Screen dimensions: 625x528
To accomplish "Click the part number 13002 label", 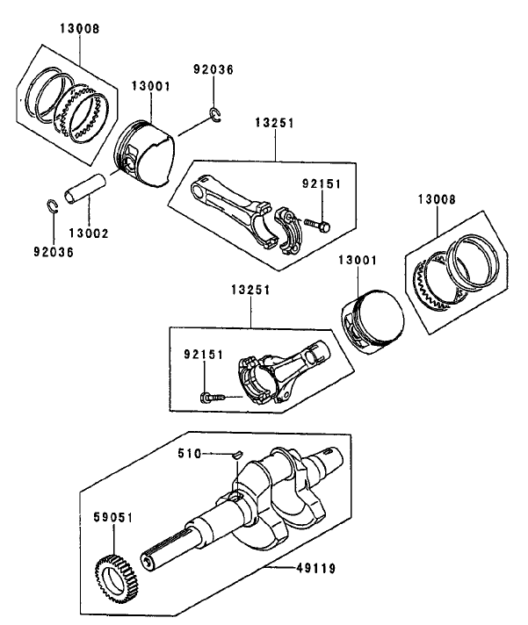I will point(88,233).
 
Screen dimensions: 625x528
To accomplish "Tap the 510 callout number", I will point(190,453).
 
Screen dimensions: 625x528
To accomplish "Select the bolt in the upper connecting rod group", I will point(317,226).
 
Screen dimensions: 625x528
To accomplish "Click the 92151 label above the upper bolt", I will point(322,184).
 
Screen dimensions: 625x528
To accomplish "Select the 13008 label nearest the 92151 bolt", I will point(436,200).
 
